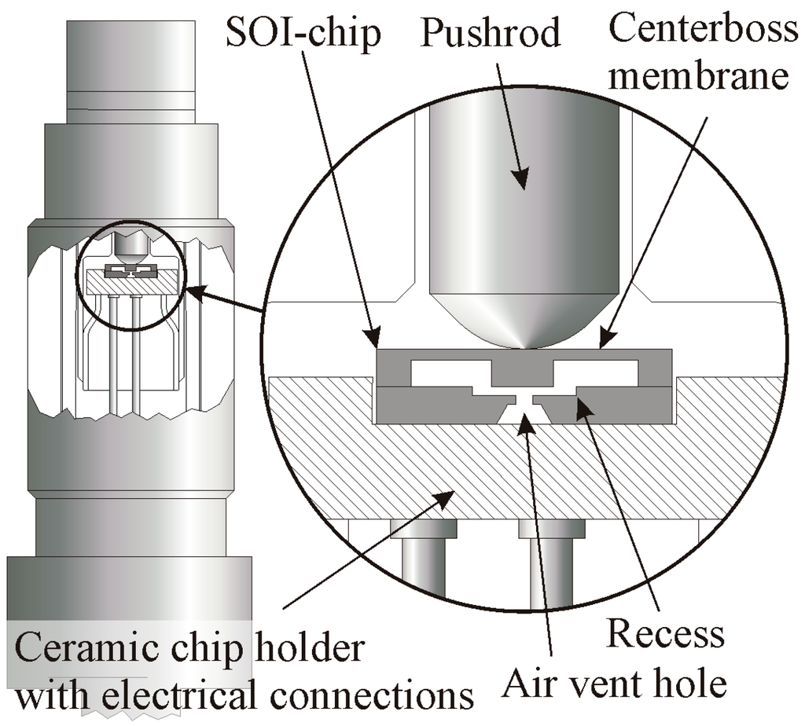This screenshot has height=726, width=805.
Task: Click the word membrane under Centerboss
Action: (702, 77)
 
